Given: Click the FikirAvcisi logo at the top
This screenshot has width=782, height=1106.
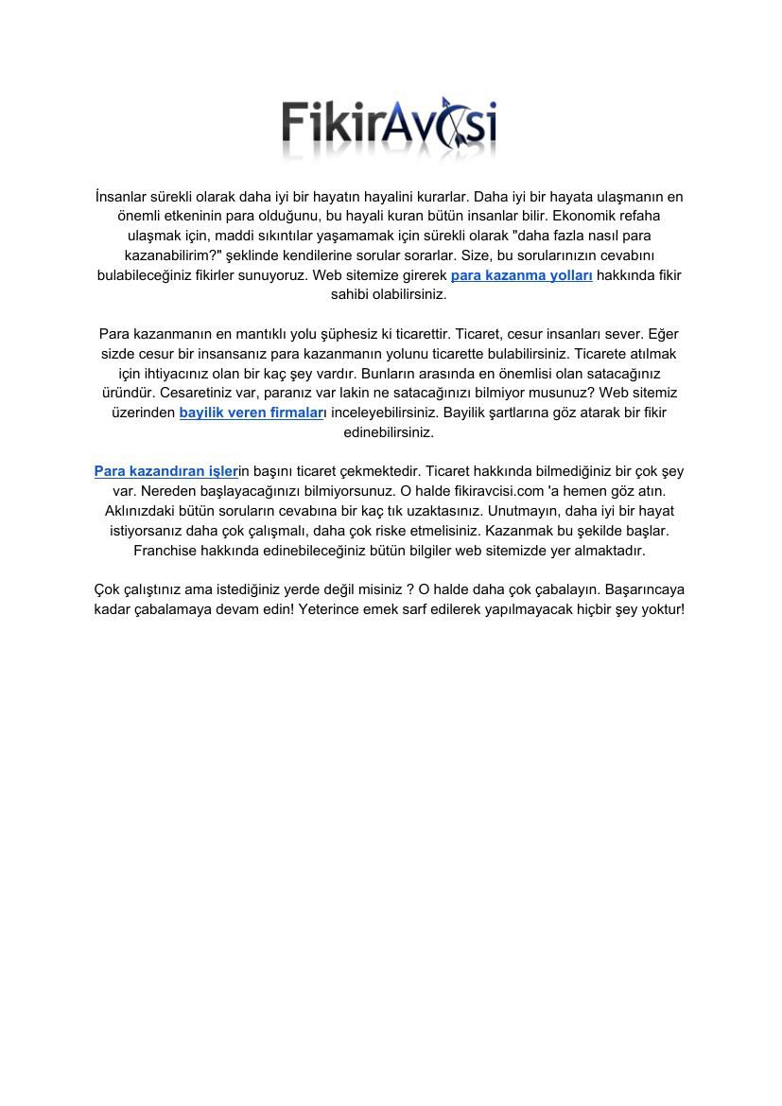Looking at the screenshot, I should point(389,127).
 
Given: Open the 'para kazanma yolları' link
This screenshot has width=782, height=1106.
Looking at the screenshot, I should point(521,275).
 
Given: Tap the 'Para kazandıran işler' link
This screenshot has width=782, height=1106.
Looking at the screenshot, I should point(165,471).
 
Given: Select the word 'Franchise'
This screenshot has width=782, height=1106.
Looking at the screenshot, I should point(165,550).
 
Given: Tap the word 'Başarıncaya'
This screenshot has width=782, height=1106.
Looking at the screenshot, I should point(644,589).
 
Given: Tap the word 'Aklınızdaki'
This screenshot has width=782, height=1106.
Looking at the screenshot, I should point(142,511).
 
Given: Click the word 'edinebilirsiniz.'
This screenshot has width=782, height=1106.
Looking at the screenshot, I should point(389,432).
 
